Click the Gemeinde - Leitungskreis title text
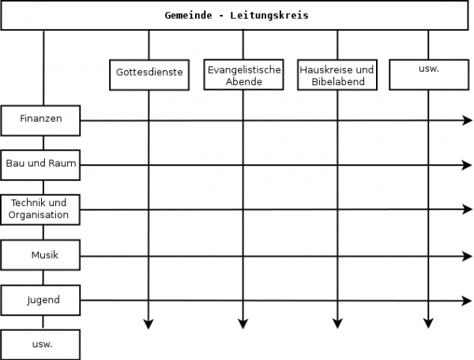point(236,16)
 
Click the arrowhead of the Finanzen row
point(468,120)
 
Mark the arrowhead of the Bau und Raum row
point(468,165)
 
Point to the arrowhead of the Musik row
point(468,257)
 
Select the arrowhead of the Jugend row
point(468,301)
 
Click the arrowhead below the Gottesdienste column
point(149,324)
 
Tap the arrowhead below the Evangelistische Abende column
point(243,324)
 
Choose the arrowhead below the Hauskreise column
point(337,324)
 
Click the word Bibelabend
point(338,81)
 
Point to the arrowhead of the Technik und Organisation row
point(468,209)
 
